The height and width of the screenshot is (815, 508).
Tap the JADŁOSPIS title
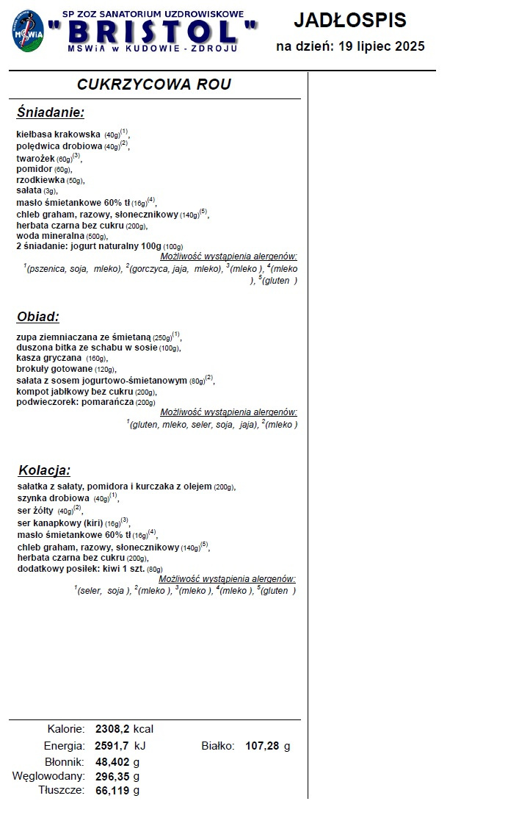tap(349, 20)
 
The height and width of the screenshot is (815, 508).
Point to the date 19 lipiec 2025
tap(382, 47)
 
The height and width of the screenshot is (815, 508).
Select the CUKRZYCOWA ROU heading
tap(154, 85)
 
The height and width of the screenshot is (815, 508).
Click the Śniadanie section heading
tap(51, 112)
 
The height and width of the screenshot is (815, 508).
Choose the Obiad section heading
tap(37, 317)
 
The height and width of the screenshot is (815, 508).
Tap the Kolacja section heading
tap(44, 470)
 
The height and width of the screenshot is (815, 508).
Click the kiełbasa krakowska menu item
tap(58, 134)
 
